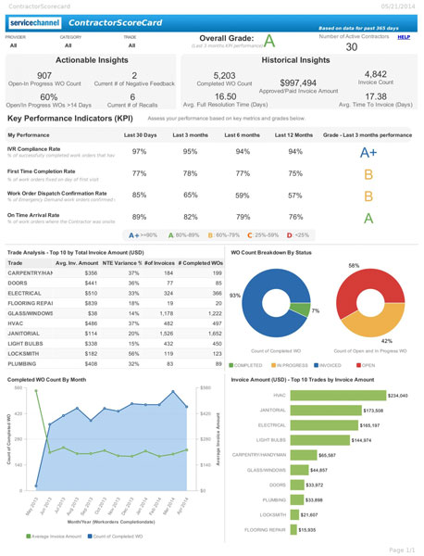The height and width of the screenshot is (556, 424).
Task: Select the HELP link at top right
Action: point(404,37)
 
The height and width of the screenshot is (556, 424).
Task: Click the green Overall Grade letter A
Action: point(269,40)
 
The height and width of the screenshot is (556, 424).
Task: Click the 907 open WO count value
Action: point(44,76)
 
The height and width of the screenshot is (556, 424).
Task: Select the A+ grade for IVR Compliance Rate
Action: point(368,153)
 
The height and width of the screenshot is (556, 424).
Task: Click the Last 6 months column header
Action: point(243,135)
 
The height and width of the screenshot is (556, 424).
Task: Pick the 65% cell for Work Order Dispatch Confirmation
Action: point(191,196)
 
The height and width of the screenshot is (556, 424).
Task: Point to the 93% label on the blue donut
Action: point(234,295)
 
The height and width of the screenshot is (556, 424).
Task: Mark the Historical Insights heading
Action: point(299,59)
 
